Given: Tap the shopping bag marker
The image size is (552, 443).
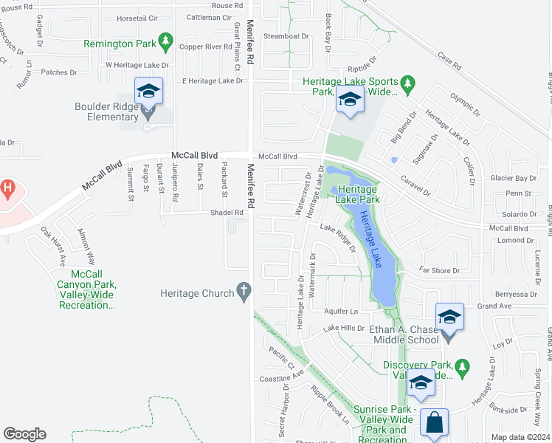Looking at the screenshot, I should (x=435, y=425).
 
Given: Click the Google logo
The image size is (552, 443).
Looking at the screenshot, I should (x=24, y=434).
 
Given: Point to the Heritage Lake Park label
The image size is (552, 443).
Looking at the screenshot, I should (x=358, y=194).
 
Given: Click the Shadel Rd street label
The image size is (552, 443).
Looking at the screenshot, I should (x=227, y=213).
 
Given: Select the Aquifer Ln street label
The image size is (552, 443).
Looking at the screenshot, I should (x=341, y=312).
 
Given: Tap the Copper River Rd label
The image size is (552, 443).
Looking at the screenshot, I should (x=206, y=47).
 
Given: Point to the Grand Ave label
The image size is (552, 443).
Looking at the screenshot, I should (x=494, y=306).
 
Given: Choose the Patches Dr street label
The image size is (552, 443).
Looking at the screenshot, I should (x=59, y=72).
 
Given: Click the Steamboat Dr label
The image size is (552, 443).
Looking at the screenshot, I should (x=286, y=35).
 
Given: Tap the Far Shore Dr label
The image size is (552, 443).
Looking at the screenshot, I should (x=439, y=271).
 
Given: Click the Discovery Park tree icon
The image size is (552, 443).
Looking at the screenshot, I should (x=462, y=365).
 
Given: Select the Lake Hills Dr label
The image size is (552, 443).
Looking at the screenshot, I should (x=344, y=327).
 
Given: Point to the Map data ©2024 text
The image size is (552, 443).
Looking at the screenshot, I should (x=520, y=437).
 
